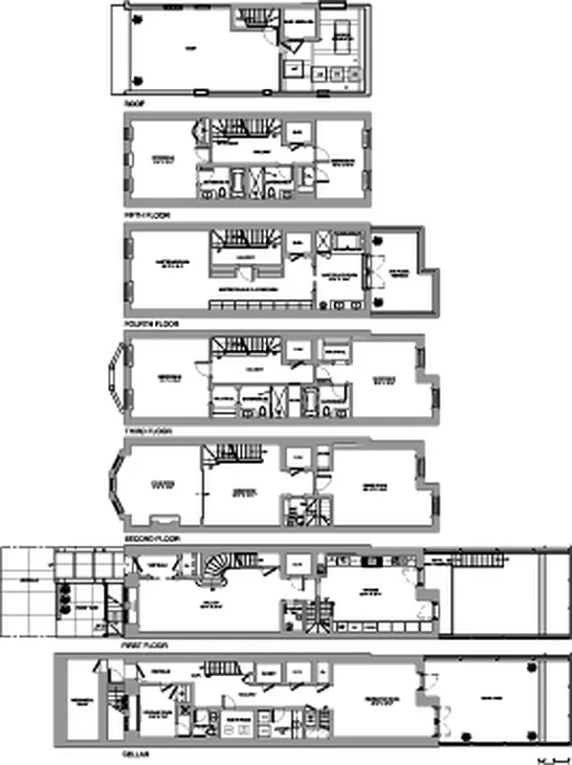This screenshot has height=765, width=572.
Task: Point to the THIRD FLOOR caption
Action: point(147,431)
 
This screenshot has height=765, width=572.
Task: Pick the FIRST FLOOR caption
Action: point(146,645)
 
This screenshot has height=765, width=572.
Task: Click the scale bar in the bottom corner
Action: point(547,757)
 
